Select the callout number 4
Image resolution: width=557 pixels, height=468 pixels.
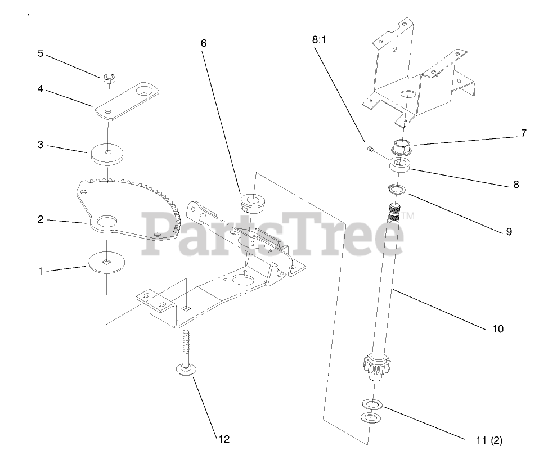tap(41, 89)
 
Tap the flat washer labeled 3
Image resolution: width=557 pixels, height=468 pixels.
tap(107, 153)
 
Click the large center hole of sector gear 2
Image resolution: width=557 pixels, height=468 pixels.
tap(106, 222)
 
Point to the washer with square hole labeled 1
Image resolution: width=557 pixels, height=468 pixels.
tap(106, 260)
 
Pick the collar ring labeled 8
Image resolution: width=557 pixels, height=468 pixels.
tap(401, 165)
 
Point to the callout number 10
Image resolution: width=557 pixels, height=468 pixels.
tap(498, 328)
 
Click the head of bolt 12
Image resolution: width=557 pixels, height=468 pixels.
tap(185, 369)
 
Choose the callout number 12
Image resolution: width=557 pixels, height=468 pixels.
tap(223, 439)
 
